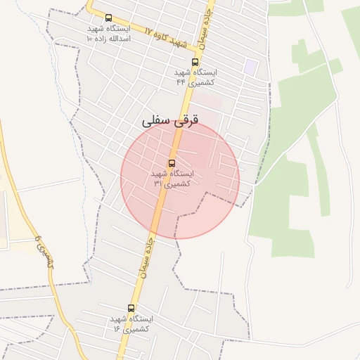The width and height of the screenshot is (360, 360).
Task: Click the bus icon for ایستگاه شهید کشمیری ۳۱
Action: (x=172, y=163)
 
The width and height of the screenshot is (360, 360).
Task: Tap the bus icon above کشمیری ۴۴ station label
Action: (x=195, y=62)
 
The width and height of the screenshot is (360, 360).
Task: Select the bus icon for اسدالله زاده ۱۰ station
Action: (x=108, y=18)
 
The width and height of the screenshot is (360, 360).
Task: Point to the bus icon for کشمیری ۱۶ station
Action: (x=131, y=308)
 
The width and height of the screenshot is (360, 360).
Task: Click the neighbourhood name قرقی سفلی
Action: (x=170, y=121)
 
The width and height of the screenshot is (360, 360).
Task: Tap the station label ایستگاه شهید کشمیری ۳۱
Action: (x=172, y=178)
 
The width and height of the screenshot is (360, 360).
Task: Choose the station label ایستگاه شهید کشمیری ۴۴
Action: (x=195, y=77)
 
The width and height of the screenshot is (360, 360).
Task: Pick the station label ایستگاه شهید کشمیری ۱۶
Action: (x=131, y=323)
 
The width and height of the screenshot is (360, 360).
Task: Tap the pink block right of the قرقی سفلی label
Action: (x=211, y=102)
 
